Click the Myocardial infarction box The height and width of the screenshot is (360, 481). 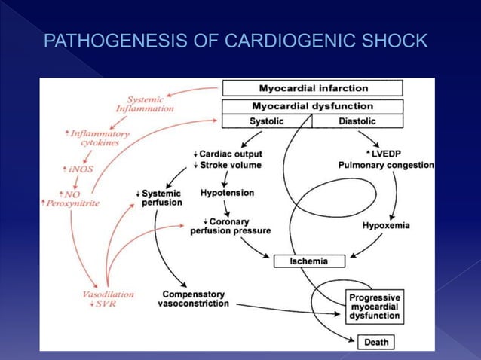[x=312, y=88]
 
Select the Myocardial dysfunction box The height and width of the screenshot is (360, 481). [x=312, y=105]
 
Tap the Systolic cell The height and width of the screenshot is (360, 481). [x=266, y=121]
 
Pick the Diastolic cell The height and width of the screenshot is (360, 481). [x=357, y=121]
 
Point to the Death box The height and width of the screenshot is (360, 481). [x=376, y=343]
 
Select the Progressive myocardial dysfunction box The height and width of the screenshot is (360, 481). [x=375, y=307]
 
